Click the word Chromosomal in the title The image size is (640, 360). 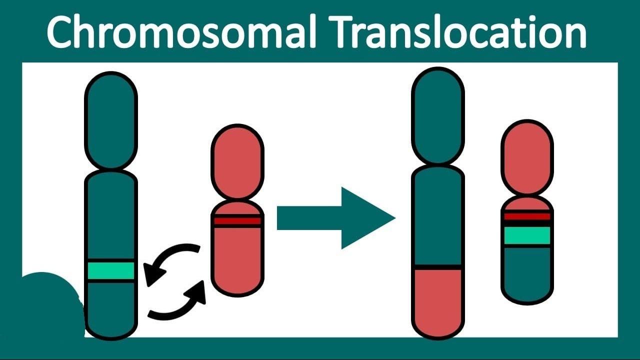pos(181,31)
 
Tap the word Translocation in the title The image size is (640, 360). pos(457,31)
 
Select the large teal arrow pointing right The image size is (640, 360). pos(336,218)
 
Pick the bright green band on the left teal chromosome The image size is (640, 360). pos(111,270)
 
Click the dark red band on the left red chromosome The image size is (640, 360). pos(237,221)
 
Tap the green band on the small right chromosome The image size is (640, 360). pos(527,235)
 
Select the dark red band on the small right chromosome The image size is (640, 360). pos(527,216)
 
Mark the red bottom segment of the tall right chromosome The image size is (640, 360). pos(438,303)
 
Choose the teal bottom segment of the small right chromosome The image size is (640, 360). pos(527,274)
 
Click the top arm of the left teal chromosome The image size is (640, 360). pos(111,120)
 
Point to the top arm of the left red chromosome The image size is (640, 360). pos(237,161)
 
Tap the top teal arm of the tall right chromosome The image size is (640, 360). pos(438,115)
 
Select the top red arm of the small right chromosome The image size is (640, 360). pos(527,157)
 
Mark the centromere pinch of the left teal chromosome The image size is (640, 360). pos(111,170)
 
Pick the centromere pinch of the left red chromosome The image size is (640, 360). pos(237,199)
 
